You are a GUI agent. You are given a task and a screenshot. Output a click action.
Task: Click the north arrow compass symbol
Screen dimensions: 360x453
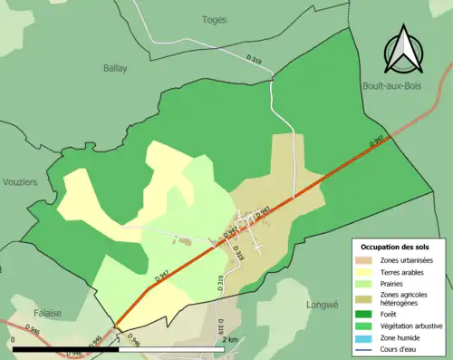404,51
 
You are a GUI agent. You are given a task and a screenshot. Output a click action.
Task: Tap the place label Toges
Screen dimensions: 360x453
215,19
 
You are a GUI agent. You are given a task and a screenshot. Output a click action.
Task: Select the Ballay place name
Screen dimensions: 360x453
115,68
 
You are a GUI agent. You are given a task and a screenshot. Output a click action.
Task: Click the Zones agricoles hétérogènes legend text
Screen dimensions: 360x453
406,298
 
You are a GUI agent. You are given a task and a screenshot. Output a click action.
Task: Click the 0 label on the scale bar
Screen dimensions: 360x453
14,339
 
